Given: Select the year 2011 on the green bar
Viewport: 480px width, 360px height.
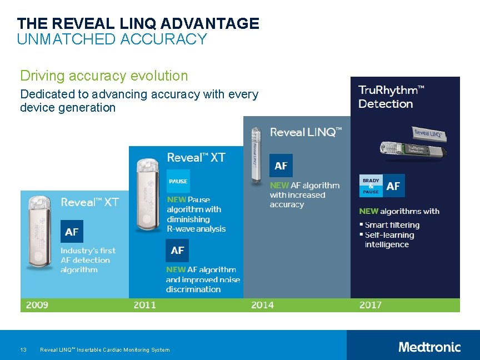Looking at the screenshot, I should tap(144, 305).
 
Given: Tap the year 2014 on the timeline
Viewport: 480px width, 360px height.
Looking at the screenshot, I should tap(262, 305).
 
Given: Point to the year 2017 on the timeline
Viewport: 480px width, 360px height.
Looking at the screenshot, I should tap(370, 305).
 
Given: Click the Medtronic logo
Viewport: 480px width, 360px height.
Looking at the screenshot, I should tap(429, 347).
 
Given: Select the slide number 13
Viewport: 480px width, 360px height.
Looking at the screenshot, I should tap(23, 349).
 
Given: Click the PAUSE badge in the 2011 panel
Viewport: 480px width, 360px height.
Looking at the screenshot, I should tap(178, 181).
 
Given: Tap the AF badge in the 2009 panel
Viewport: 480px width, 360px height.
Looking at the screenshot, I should tap(72, 232).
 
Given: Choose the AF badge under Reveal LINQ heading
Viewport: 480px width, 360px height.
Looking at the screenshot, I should tap(281, 166).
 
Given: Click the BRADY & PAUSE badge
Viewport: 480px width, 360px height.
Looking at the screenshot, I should tap(371, 186).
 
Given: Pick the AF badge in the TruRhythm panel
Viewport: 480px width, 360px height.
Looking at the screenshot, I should tap(393, 186).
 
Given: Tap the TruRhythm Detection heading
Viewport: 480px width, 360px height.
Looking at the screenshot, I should tap(391, 97).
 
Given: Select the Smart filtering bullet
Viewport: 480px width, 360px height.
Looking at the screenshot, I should tap(392, 225).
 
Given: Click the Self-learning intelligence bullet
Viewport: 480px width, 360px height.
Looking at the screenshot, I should tap(389, 239).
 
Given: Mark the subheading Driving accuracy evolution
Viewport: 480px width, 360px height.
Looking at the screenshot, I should tap(104, 76).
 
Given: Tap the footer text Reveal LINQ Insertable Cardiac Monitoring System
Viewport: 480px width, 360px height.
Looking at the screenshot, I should tap(105, 349).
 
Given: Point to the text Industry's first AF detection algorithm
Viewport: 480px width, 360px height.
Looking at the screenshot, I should tap(88, 260).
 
